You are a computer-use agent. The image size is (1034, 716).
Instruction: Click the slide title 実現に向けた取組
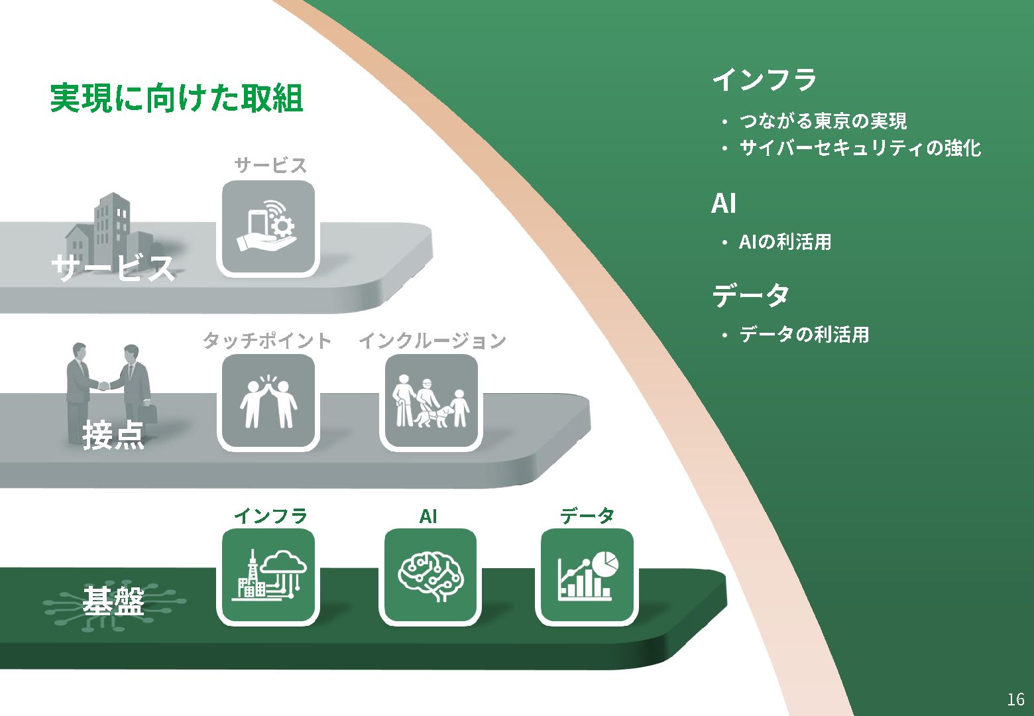[176, 98]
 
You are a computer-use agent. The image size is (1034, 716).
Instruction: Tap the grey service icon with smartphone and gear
[268, 227]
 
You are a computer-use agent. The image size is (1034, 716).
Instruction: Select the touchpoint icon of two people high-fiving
[268, 402]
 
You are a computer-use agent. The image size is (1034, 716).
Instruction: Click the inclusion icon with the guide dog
[431, 402]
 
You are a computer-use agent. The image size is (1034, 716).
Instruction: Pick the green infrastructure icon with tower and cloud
[268, 575]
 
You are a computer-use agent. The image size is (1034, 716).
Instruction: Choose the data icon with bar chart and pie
[587, 575]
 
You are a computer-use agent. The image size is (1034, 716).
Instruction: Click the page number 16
[1015, 699]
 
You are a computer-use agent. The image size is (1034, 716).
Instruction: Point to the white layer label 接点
[113, 436]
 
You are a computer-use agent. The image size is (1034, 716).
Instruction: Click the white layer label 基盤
[113, 601]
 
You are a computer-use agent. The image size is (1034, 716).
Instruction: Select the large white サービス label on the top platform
[113, 268]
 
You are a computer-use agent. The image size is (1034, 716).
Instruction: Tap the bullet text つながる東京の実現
[823, 121]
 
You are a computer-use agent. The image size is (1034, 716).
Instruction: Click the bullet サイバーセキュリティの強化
[860, 148]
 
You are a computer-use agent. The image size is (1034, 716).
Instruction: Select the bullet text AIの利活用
[785, 242]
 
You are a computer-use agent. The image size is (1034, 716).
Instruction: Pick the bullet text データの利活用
[803, 334]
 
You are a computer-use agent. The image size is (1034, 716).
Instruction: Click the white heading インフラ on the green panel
[764, 80]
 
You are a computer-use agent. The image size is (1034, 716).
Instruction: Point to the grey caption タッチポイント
[267, 341]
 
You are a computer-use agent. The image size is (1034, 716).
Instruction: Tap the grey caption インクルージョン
[432, 341]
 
